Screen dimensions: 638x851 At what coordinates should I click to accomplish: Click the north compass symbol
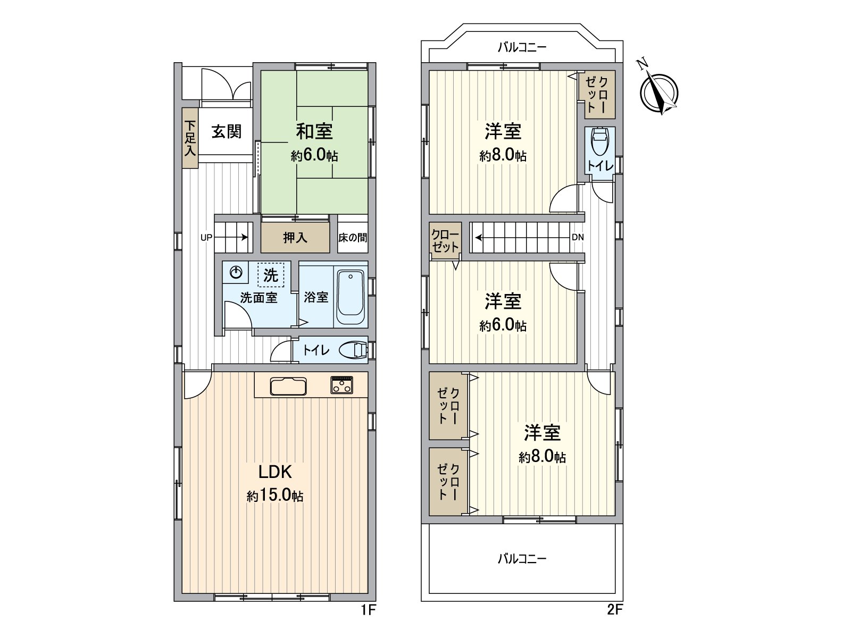click(660, 91)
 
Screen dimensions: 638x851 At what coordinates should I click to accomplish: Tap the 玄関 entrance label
click(227, 131)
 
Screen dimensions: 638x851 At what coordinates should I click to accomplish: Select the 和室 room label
click(314, 131)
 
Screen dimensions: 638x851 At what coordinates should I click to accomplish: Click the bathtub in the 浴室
click(351, 298)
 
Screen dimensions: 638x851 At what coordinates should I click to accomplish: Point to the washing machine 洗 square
click(271, 275)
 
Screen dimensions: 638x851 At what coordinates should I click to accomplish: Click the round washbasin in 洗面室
click(235, 273)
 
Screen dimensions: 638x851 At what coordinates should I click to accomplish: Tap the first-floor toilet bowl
click(354, 350)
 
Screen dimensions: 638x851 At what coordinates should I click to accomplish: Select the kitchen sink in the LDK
click(288, 387)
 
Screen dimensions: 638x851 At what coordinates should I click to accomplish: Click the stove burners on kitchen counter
click(341, 385)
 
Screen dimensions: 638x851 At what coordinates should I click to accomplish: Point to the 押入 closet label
click(295, 238)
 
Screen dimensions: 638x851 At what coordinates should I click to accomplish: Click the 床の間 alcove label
click(353, 238)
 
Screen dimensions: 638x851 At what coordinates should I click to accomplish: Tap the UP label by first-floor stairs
click(206, 238)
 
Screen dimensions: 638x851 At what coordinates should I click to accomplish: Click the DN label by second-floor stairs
click(578, 238)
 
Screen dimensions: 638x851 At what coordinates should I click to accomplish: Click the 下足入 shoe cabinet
click(190, 138)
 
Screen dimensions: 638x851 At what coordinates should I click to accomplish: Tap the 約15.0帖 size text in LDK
click(275, 496)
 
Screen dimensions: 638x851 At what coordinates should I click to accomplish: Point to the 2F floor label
click(614, 610)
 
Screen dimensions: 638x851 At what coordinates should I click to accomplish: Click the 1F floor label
click(368, 610)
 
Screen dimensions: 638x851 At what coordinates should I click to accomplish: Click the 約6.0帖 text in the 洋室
click(503, 325)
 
